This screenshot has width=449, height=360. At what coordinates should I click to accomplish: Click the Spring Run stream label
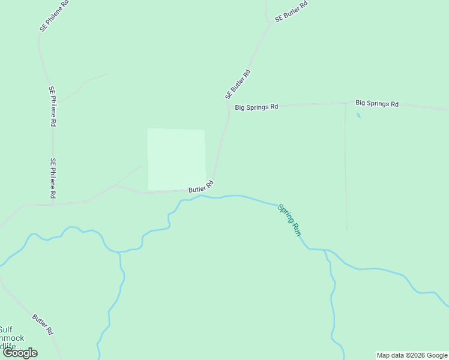coord(289,220)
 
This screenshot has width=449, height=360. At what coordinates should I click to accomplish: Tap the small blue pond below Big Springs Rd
coord(358,115)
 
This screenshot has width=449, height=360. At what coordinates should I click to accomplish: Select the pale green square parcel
coord(176,159)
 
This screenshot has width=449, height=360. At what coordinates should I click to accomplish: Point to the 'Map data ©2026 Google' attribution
coord(412,355)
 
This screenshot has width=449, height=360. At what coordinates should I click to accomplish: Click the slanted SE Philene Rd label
coord(51,18)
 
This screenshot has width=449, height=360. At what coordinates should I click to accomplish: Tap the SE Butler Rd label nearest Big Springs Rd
coord(238,85)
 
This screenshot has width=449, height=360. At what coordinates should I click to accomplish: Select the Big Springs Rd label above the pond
coord(377,103)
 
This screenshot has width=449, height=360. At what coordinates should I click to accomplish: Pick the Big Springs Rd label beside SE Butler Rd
coord(256,107)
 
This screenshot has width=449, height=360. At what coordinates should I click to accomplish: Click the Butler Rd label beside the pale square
coord(201,187)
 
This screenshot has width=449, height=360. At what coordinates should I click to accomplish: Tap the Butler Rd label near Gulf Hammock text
coord(43,325)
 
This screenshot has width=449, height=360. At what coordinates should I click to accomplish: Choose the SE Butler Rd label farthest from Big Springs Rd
coord(291,11)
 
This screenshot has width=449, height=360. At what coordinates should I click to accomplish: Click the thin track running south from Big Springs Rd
coord(346,168)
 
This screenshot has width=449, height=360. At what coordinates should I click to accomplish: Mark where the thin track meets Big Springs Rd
coord(345,103)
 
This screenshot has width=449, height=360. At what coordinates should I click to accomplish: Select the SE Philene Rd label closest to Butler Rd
coord(53,178)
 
